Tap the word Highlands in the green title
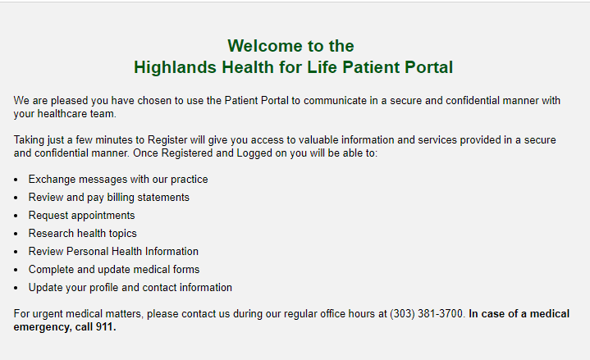(175, 67)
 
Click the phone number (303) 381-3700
(426, 314)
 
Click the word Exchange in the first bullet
(52, 180)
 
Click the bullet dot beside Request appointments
(16, 216)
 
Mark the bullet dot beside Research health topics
(16, 234)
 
